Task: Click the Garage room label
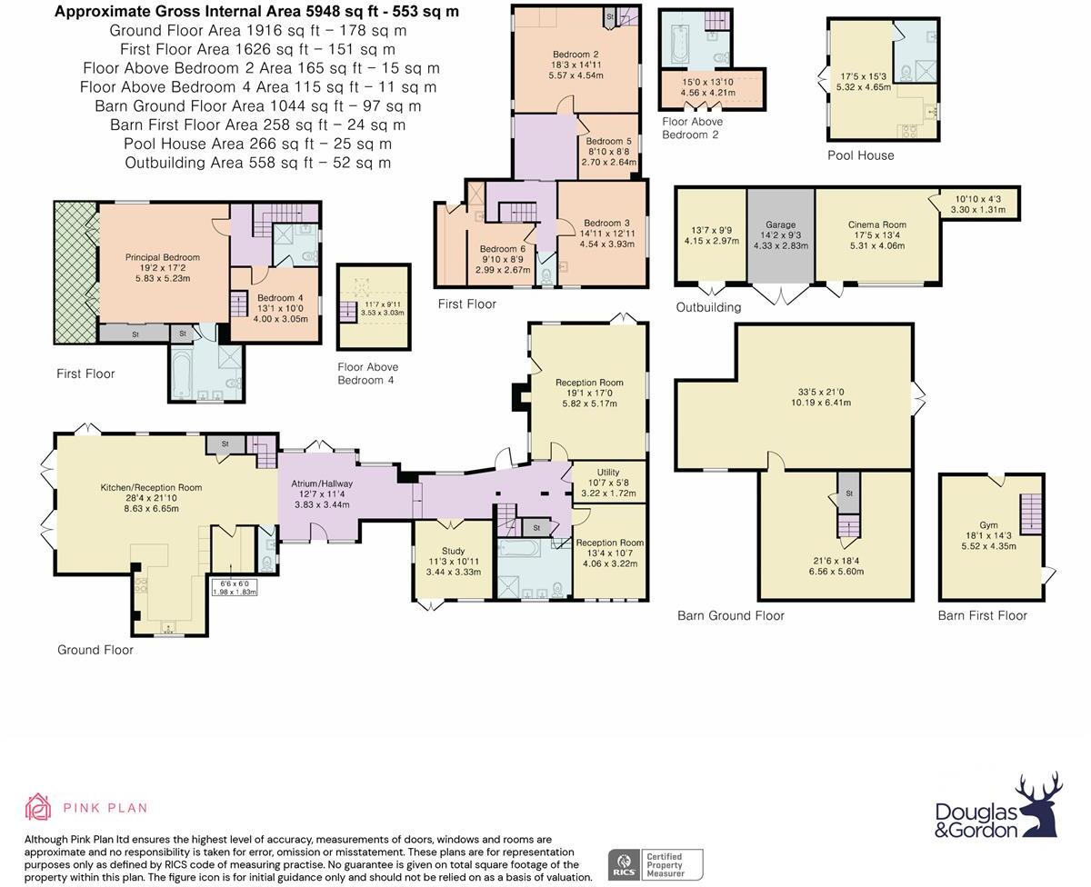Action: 780,224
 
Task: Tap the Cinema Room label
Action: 876,224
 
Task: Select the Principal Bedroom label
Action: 162,257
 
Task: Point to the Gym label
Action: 988,525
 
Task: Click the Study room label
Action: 453,551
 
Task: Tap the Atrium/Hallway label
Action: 321,483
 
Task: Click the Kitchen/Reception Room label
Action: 151,488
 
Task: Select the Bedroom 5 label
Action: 608,142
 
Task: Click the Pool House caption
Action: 860,155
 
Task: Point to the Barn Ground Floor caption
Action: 730,615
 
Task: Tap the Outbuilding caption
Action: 708,307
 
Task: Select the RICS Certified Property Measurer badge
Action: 656,863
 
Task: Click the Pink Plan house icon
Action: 38,806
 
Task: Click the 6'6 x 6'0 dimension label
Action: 234,583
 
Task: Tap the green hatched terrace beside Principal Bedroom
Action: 75,273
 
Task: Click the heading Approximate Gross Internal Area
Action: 256,12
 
